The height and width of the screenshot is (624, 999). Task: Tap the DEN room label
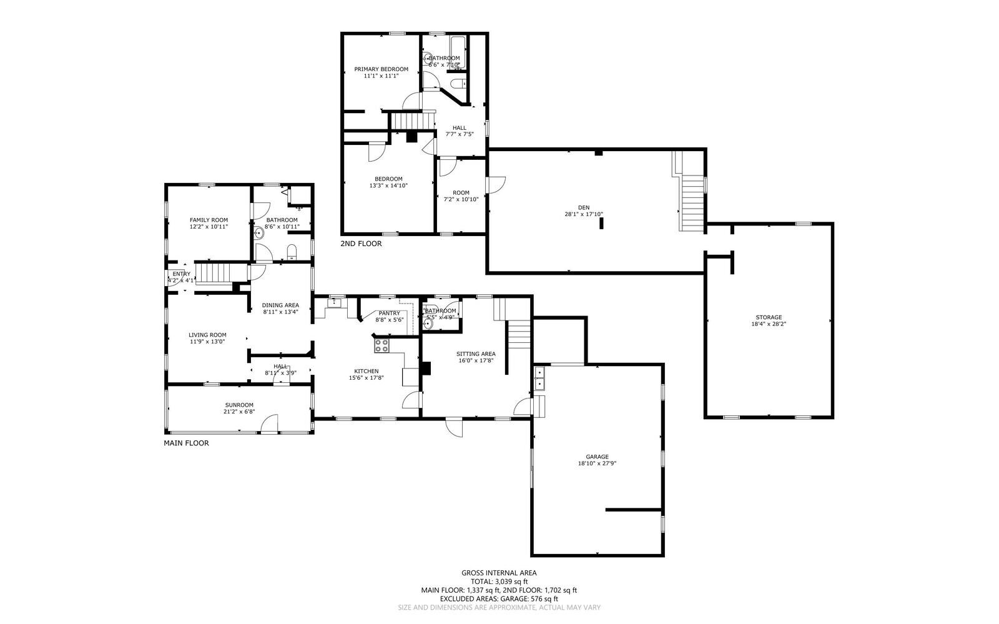583,207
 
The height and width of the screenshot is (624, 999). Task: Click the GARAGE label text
597,457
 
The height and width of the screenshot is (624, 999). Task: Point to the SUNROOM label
239,405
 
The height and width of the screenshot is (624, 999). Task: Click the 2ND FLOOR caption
360,244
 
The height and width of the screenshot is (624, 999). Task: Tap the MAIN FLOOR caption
186,443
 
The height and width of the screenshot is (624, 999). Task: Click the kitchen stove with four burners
381,345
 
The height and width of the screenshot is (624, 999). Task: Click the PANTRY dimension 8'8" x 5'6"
390,320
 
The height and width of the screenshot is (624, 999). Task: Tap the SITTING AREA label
476,354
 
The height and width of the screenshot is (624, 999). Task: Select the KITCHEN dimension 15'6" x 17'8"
366,377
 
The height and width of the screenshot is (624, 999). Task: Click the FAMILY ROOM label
209,220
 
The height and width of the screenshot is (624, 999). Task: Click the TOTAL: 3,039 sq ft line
498,581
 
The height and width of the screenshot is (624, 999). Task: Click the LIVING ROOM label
207,335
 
